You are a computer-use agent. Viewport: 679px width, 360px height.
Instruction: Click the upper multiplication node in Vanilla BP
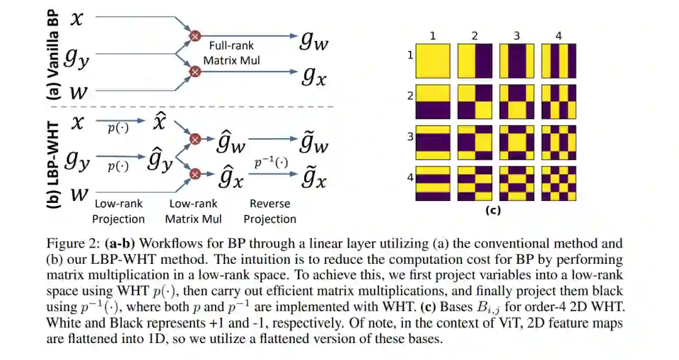pyautogui.click(x=195, y=36)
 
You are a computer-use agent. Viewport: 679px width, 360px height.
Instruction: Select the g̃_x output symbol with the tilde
pyautogui.click(x=312, y=178)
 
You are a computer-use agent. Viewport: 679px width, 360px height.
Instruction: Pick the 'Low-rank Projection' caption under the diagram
pyautogui.click(x=118, y=211)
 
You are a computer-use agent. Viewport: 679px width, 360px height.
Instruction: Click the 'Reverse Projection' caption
pyautogui.click(x=270, y=211)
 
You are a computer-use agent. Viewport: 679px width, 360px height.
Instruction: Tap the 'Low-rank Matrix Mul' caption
pyautogui.click(x=194, y=211)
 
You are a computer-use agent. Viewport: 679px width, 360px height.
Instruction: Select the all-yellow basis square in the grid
pyautogui.click(x=433, y=60)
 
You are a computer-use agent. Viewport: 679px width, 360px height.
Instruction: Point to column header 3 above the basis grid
pyautogui.click(x=517, y=36)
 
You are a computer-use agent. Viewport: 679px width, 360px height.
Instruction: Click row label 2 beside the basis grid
pyautogui.click(x=410, y=97)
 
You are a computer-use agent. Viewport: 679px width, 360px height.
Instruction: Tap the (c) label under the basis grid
pyautogui.click(x=493, y=210)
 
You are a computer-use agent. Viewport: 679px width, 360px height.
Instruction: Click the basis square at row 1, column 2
pyautogui.click(x=475, y=60)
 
